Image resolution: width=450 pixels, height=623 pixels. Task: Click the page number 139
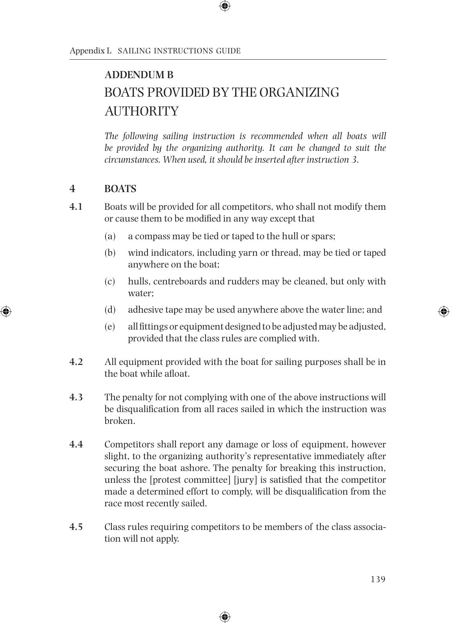pyautogui.click(x=378, y=579)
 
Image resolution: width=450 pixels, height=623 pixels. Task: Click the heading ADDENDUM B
pyautogui.click(x=139, y=75)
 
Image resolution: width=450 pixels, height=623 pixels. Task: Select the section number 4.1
pyautogui.click(x=76, y=207)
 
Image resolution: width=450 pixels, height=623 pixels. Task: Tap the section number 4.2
pyautogui.click(x=76, y=362)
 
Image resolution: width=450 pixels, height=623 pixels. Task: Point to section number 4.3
pyautogui.click(x=76, y=397)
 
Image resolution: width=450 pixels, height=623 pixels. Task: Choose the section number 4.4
pyautogui.click(x=76, y=444)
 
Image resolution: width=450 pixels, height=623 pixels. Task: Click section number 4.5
pyautogui.click(x=76, y=527)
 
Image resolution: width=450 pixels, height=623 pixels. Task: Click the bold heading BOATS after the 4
pyautogui.click(x=120, y=189)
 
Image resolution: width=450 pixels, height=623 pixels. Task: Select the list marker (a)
pyautogui.click(x=110, y=236)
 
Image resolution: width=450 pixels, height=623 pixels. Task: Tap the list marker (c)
pyautogui.click(x=110, y=282)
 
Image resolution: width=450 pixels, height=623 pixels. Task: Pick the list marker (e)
pyautogui.click(x=110, y=327)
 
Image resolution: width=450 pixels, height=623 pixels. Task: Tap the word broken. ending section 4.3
pyautogui.click(x=120, y=421)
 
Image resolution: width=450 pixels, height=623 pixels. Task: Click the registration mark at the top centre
pyautogui.click(x=225, y=6)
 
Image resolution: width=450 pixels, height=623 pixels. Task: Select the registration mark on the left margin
pyautogui.click(x=5, y=311)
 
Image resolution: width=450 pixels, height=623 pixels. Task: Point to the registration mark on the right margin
pyautogui.click(x=444, y=311)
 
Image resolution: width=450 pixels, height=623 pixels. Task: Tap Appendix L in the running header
pyautogui.click(x=90, y=51)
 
